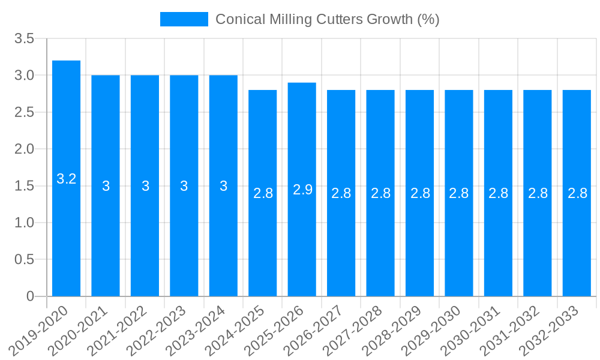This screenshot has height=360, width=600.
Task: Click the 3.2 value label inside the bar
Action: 66,179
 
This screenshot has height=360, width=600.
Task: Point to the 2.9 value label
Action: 302,190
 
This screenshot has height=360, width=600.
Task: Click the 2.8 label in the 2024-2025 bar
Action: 263,193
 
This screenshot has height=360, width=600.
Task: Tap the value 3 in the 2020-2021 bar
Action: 106,186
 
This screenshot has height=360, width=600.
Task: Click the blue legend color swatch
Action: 184,19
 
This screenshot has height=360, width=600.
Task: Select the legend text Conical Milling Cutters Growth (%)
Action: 327,19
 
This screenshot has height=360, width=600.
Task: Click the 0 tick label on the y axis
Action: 30,296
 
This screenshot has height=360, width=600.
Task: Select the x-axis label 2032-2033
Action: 550,330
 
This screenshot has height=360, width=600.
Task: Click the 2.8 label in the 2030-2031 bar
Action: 498,193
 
